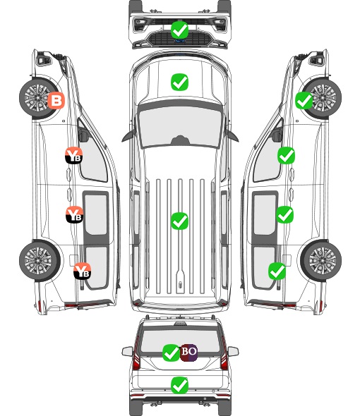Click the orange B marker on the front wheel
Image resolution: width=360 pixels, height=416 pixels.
coord(56,100)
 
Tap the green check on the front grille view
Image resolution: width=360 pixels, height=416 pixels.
coord(179,30)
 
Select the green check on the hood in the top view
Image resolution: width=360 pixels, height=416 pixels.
coord(179,82)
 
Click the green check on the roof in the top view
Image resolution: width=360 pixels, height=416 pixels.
coord(179,221)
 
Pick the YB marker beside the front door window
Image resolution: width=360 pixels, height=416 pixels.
coord(73,155)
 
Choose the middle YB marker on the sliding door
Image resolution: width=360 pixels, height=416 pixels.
coord(74,214)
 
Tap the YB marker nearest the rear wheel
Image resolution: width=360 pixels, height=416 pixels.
coord(82,271)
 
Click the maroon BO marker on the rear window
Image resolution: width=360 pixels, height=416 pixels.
coord(188,353)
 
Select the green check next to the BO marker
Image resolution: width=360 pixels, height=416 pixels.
coord(171,353)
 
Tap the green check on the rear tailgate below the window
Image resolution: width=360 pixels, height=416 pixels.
coord(179,385)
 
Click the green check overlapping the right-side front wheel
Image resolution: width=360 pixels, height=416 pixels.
coord(304,100)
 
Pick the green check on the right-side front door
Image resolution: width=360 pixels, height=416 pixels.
coord(286,155)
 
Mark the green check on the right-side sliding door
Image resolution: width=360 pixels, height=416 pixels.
coord(284,214)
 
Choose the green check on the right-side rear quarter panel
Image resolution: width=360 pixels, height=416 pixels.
coord(277,271)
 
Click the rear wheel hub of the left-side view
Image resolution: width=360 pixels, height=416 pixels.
coord(38,260)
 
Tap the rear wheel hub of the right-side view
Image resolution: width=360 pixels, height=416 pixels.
coord(322,260)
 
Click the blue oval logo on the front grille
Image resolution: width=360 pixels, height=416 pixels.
coord(180,41)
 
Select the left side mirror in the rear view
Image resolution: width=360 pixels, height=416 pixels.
coord(127,351)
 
